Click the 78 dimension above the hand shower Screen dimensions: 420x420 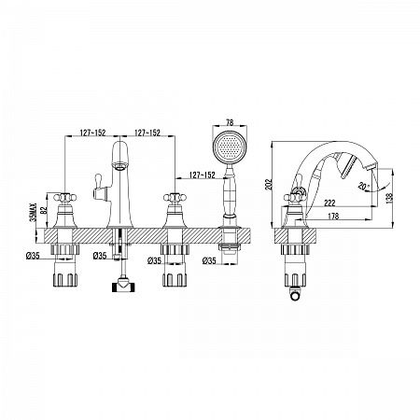tap(230, 122)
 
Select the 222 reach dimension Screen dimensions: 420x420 tap(329, 203)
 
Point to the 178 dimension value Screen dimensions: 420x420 tap(333, 216)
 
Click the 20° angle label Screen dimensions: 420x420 tap(364, 186)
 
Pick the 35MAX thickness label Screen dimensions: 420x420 tap(34, 212)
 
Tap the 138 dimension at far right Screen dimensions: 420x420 tap(389, 197)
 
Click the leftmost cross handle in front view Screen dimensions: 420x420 tap(65, 197)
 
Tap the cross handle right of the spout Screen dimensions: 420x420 tap(175, 197)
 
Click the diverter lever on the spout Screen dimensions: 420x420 tap(99, 187)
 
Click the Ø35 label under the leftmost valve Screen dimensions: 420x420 tap(33, 256)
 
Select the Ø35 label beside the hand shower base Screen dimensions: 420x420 tap(209, 260)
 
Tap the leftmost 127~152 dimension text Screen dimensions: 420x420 tap(93, 133)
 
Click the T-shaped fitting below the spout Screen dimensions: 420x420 tap(122, 286)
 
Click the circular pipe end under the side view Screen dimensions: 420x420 tap(295, 295)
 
